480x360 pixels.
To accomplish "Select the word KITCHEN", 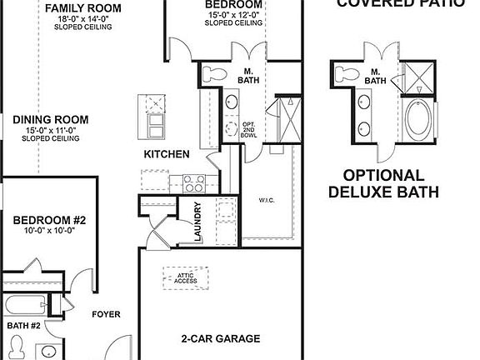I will [167, 154].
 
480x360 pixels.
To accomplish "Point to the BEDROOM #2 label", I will [49, 220].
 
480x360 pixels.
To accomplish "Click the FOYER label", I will [106, 314].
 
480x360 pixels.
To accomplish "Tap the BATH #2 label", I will [23, 325].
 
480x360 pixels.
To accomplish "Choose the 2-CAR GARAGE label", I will [221, 339].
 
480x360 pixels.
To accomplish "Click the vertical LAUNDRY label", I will [198, 222].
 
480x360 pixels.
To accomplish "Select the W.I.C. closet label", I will [267, 199].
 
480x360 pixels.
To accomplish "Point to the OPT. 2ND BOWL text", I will [248, 132].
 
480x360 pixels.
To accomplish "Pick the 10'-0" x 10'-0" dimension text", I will [49, 232].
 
